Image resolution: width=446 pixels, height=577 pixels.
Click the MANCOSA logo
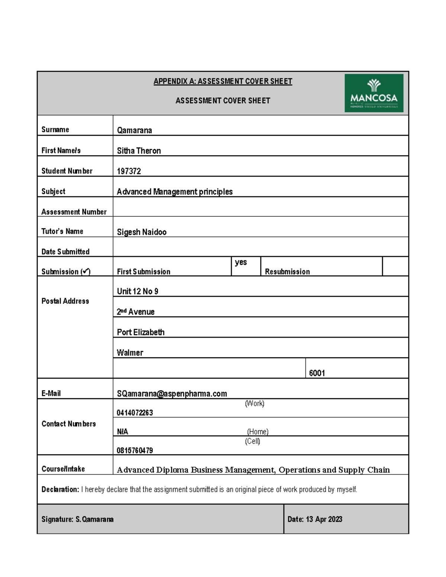pos(374,93)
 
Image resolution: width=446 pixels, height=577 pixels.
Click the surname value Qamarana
pos(134,130)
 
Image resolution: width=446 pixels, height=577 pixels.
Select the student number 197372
pos(129,171)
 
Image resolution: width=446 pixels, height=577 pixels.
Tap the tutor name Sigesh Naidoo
pos(141,232)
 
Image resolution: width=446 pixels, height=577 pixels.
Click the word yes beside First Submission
pos(241,262)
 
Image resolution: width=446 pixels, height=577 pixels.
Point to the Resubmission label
pos(287,272)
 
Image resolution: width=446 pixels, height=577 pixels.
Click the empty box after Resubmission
pos(395,266)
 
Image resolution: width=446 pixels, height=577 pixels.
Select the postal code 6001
pos(317,373)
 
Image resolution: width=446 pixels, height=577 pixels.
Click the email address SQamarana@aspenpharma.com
pos(172,394)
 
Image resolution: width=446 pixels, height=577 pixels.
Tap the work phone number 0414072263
pos(135,413)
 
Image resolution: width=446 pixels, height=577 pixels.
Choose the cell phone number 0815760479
pos(135,451)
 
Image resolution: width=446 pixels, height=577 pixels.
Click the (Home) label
pos(258,432)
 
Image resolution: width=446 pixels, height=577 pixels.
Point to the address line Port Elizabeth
pos(140,332)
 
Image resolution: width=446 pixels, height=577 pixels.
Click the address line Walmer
pos(130,353)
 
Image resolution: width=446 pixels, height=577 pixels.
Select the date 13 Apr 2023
pos(324,519)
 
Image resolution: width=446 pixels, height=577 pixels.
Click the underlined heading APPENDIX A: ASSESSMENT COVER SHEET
pos(223,81)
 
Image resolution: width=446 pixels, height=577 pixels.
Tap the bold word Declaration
pos(60,490)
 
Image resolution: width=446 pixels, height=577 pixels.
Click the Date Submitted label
pos(65,252)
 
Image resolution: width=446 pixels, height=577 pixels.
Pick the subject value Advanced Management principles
pos(175,192)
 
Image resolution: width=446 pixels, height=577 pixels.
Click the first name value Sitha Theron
pos(139,151)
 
